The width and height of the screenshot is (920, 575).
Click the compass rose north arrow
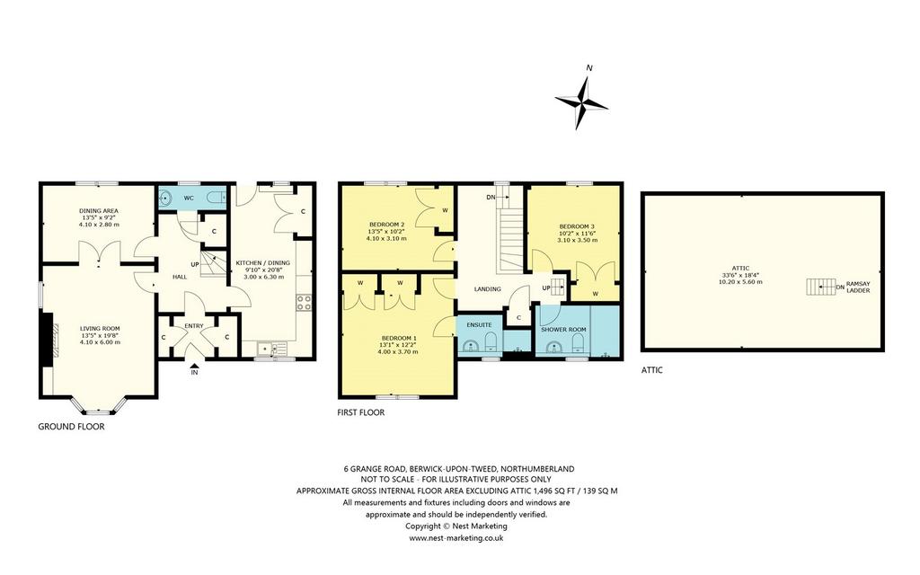click(581, 103)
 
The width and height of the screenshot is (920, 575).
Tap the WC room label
click(189, 199)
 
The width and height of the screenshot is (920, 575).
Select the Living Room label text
click(100, 329)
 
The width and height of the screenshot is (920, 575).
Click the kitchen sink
click(271, 349)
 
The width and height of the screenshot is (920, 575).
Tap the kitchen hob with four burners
click(304, 302)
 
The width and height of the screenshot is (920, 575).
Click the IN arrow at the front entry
click(194, 368)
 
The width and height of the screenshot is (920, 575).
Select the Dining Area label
click(99, 210)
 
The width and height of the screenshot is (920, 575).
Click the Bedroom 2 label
click(386, 224)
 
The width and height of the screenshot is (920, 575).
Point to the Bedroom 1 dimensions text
click(398, 349)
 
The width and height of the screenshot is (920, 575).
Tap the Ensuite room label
click(480, 324)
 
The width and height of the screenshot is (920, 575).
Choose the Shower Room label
click(563, 329)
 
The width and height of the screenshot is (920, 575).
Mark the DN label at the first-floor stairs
click(491, 197)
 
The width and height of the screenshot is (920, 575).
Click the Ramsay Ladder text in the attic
click(859, 287)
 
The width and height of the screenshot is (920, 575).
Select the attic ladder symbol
click(820, 287)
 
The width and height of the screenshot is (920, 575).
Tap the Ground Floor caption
click(71, 427)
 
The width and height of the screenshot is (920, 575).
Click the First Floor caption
click(361, 412)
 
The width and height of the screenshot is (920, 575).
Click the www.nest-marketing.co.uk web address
click(456, 537)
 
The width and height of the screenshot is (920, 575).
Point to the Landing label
click(488, 288)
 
